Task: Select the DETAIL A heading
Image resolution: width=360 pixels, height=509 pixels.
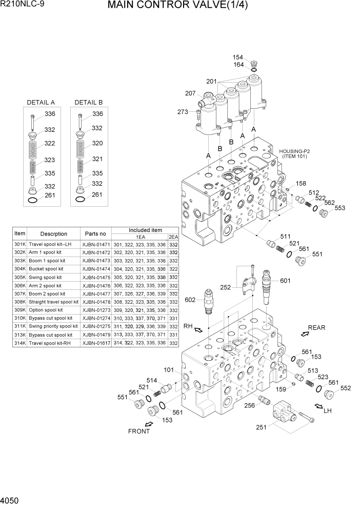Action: coord(41,103)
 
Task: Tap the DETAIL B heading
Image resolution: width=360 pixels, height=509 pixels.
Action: coord(88,103)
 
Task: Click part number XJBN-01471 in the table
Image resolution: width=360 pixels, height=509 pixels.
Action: coord(96,245)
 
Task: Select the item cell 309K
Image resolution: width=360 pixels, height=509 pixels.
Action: coord(19,310)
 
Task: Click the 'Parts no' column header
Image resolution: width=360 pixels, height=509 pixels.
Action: coord(96,233)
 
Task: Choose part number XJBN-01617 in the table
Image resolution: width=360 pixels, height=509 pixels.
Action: coord(96,342)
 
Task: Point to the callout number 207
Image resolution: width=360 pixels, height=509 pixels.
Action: coord(190,93)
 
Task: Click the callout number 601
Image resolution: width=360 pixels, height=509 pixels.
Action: coord(285,281)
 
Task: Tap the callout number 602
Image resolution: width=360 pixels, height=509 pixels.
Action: coord(191,300)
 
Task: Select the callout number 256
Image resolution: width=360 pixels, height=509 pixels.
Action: coord(250,405)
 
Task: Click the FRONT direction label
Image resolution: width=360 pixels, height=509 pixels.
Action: coord(139,431)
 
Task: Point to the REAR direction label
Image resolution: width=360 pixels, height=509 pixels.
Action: coord(316,327)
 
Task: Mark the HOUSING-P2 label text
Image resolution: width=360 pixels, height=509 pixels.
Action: coord(295,151)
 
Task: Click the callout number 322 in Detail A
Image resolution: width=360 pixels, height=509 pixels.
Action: coord(49,143)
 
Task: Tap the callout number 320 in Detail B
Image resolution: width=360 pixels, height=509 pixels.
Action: coord(97,143)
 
